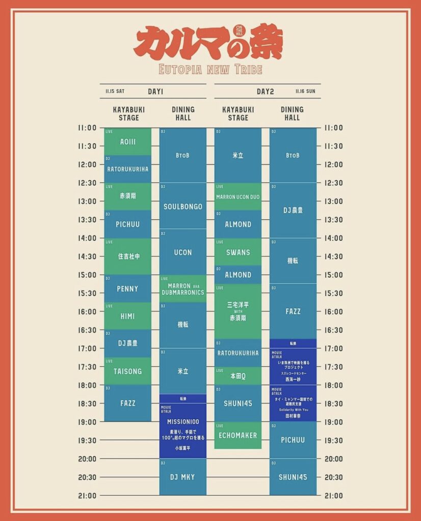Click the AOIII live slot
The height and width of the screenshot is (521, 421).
click(x=127, y=141)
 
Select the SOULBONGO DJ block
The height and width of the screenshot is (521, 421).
click(x=182, y=207)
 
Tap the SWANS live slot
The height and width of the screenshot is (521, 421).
click(x=238, y=252)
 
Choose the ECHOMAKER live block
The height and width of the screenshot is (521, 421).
click(x=238, y=436)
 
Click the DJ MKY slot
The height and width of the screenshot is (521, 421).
click(x=182, y=477)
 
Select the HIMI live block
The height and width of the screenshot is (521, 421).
click(x=127, y=316)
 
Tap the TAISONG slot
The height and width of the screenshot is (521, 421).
click(x=127, y=371)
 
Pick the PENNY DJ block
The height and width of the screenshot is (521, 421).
click(x=127, y=288)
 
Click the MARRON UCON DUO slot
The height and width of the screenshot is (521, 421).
click(x=238, y=197)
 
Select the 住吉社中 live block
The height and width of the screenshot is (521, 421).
click(x=127, y=256)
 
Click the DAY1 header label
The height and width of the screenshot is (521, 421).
click(x=155, y=92)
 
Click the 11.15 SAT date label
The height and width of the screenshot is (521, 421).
click(x=115, y=92)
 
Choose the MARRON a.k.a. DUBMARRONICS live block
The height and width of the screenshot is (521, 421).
click(x=182, y=289)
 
